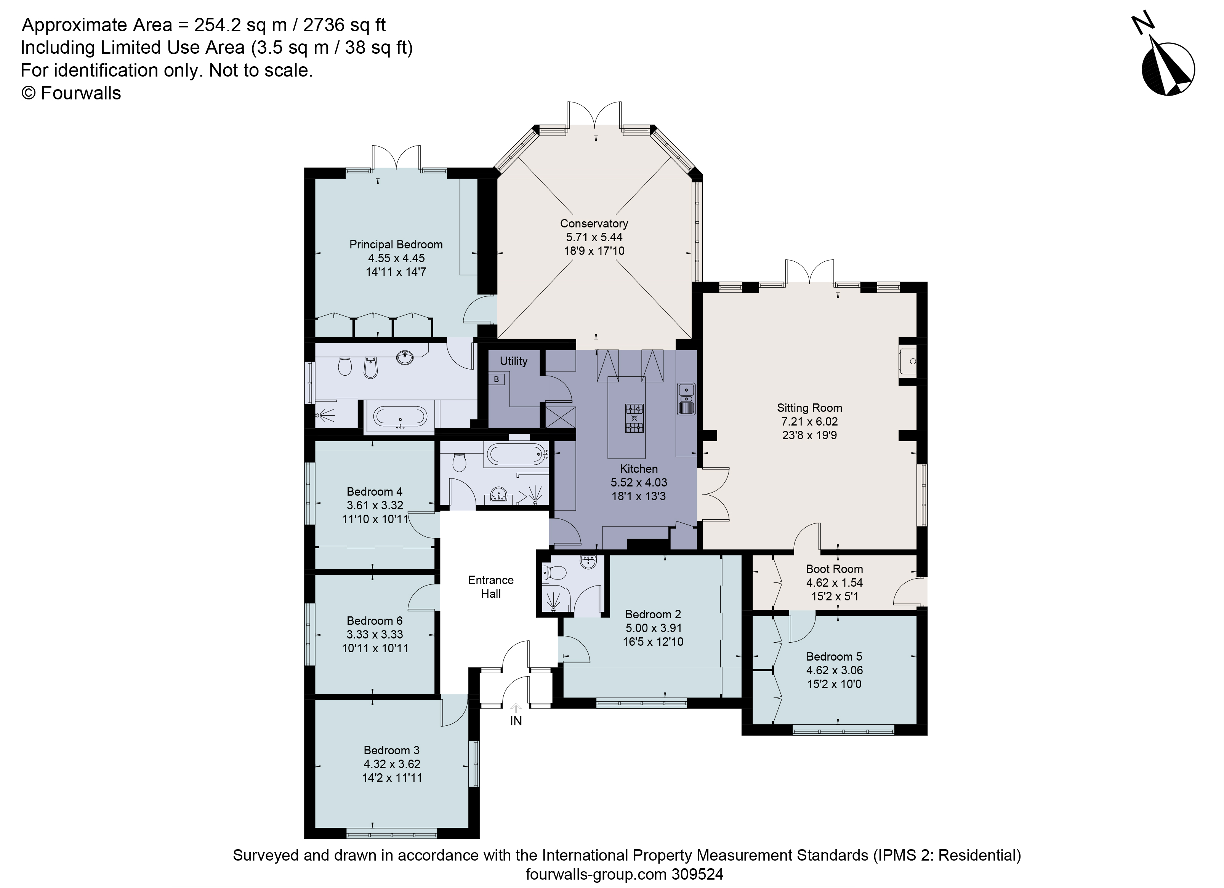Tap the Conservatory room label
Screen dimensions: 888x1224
click(594, 223)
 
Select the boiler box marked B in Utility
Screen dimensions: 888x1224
click(496, 380)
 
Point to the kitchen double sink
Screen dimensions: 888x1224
click(686, 399)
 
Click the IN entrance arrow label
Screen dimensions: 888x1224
click(516, 721)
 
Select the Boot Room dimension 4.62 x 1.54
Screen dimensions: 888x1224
click(834, 582)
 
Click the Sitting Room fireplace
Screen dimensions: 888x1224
click(908, 361)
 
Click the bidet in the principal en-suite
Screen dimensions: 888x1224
click(370, 368)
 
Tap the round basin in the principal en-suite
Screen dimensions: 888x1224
click(405, 357)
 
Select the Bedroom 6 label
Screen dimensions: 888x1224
click(375, 621)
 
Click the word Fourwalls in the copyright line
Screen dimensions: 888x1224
click(81, 93)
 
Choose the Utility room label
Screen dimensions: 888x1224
click(513, 361)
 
